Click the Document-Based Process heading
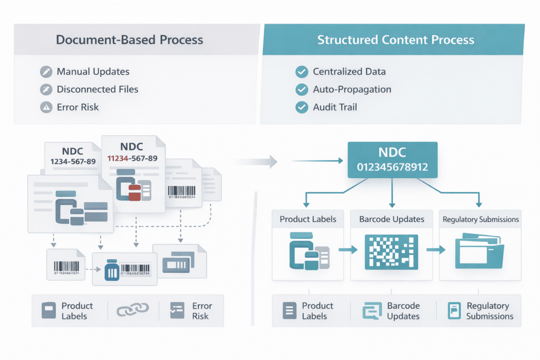[x=129, y=40]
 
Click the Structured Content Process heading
[x=395, y=40]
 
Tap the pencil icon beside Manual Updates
[x=46, y=72]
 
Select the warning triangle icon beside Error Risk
[x=46, y=108]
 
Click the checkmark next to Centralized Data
[x=302, y=72]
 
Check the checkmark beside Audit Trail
[x=302, y=108]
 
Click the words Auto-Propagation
[x=352, y=89]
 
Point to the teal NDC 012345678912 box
[x=392, y=160]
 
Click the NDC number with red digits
[x=132, y=158]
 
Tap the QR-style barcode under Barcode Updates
[x=391, y=252]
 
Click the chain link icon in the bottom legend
[x=128, y=311]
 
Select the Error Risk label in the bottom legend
[x=201, y=311]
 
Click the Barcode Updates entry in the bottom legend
[x=403, y=311]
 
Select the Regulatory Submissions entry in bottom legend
[x=489, y=311]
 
